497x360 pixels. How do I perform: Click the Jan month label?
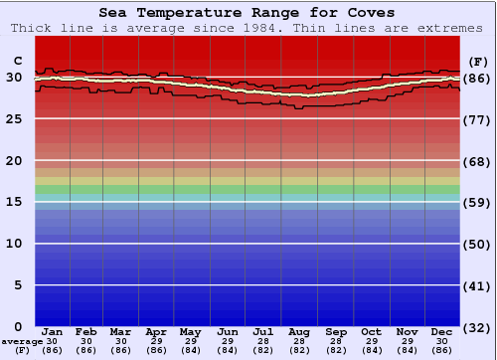tap(53, 331)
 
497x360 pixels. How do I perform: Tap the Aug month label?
tap(299, 331)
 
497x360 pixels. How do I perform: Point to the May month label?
tap(190, 331)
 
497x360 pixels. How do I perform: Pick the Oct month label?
tap(372, 331)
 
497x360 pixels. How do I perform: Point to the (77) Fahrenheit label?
tap(477, 119)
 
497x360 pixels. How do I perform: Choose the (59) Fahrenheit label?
tap(477, 202)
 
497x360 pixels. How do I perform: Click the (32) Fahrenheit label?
tap(477, 327)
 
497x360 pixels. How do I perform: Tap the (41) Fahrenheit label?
tap(477, 285)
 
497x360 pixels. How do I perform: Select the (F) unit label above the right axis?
tap(477, 61)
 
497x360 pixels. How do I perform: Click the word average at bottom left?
tap(21, 341)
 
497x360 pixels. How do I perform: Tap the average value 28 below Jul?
tap(263, 341)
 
